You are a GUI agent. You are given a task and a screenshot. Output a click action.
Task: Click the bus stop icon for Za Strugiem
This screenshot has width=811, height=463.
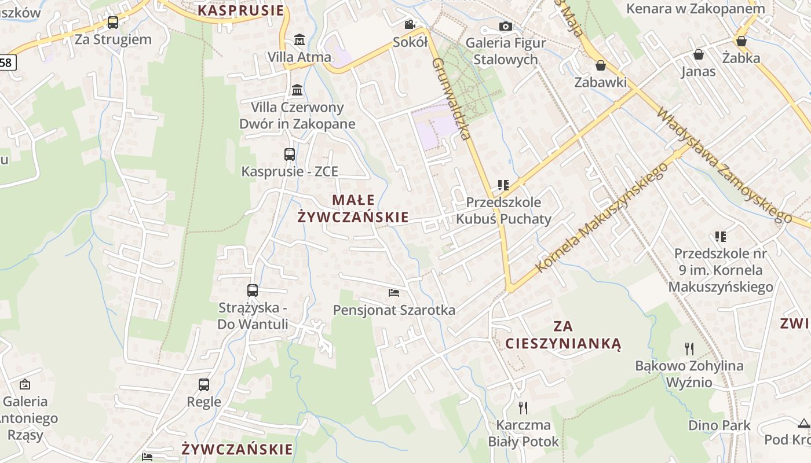point(113,23)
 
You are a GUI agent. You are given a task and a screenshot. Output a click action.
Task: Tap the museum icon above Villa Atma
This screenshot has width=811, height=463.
point(299,40)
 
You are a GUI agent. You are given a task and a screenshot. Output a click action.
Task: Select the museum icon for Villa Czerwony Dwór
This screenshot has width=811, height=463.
point(298,90)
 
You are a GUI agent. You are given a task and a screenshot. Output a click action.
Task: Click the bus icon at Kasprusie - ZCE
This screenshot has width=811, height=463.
point(290,155)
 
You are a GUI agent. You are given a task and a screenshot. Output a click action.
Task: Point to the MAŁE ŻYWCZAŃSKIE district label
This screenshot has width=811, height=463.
point(353,208)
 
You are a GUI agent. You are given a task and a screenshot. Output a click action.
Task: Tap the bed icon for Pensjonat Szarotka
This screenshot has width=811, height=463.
point(394,293)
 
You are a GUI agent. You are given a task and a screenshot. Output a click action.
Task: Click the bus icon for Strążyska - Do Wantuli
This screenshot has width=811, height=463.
point(253,291)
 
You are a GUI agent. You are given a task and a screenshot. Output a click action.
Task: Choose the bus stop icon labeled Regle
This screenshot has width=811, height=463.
point(204,385)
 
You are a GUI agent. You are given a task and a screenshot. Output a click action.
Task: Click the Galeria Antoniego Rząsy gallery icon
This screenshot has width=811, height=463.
point(25,384)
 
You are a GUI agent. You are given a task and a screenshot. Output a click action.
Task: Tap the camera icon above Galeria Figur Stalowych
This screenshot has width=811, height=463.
point(506,26)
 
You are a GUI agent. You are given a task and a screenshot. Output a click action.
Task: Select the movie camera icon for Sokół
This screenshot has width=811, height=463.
point(410,24)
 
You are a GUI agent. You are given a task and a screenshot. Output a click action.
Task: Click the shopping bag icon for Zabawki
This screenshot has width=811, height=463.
point(601,65)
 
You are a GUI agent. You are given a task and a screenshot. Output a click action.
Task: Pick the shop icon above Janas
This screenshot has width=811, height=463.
point(699,54)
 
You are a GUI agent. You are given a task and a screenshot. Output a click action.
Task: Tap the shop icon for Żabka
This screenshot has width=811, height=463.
point(741,41)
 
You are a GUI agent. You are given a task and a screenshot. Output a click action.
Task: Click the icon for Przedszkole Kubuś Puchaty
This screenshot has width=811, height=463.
point(503,185)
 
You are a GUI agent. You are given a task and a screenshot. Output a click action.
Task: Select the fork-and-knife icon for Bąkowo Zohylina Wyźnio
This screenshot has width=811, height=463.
point(689,348)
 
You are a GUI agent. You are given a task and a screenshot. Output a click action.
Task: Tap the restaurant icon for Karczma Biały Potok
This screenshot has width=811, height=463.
point(523,408)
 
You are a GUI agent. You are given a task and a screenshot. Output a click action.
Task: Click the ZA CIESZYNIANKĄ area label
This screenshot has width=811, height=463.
point(563,335)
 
